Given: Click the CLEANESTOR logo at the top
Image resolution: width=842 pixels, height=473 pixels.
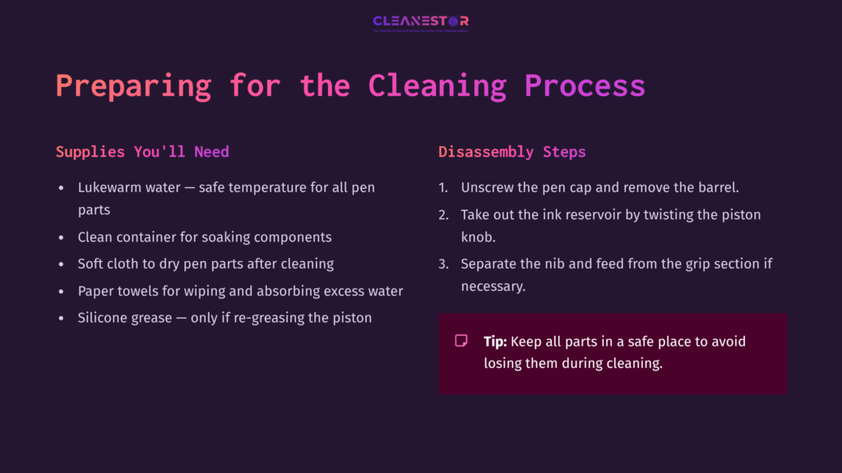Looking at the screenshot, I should [420, 22].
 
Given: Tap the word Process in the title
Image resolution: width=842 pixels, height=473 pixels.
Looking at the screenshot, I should [585, 86].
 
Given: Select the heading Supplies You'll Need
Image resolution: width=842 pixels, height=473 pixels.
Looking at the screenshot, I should [142, 152].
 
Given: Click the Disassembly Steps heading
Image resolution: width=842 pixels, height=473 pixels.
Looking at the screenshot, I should [511, 152].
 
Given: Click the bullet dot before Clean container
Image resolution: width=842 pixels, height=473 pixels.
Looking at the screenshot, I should [61, 237].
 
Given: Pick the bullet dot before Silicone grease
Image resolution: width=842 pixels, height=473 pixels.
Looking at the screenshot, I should [61, 318].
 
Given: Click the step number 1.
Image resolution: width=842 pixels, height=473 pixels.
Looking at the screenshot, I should [442, 187].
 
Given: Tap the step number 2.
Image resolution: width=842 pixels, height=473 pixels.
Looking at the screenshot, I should [442, 214].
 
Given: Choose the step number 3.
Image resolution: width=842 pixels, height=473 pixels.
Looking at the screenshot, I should [442, 264].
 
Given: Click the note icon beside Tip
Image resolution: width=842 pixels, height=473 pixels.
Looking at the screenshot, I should [461, 341].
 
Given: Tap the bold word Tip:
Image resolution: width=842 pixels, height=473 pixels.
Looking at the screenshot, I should [495, 341].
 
